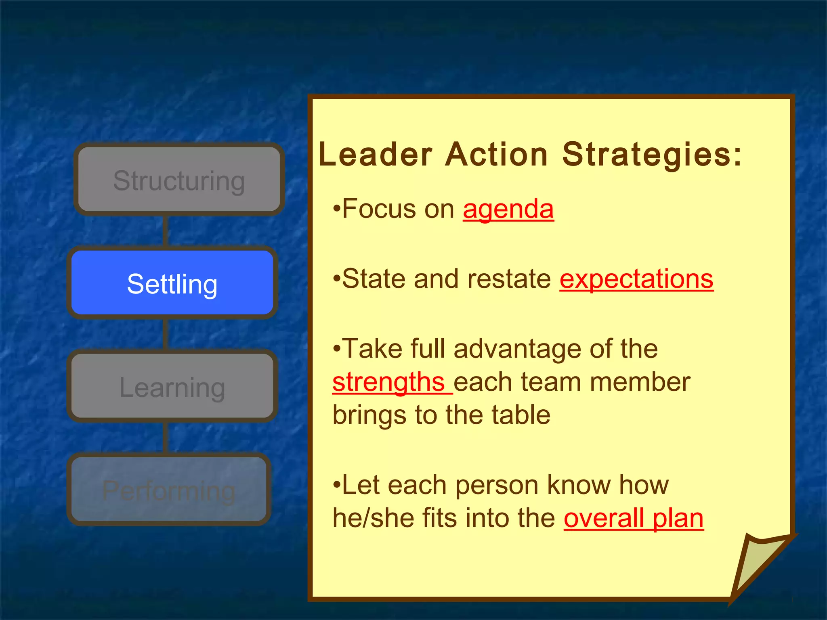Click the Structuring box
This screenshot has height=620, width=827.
pos(179,180)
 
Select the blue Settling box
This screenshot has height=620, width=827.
pos(172,283)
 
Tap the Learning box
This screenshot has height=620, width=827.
pos(172,386)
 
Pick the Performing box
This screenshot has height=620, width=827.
pos(169,490)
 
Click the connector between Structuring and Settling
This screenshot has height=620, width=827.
pos(166,231)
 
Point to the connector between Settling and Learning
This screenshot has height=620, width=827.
pos(166,334)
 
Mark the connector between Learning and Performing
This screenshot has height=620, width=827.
pos(166,438)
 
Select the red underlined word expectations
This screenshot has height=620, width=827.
pos(636,279)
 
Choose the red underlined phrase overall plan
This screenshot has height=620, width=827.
pos(634,518)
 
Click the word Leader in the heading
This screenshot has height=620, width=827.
pos(376,155)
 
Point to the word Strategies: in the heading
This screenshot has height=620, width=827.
pos(652,155)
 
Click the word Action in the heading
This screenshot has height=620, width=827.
pos(497,155)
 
